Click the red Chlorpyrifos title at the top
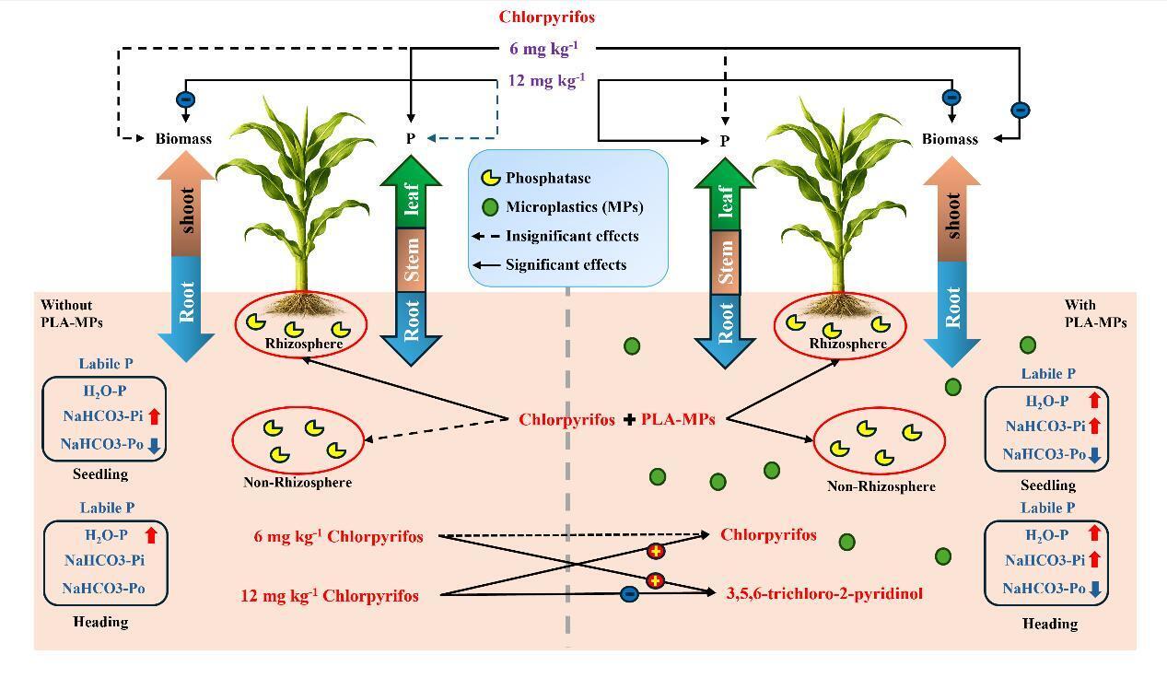[x=547, y=17]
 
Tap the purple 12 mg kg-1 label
[x=546, y=80]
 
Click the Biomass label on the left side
[x=183, y=139]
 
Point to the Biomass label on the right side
[x=950, y=139]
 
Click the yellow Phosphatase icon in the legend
[x=493, y=178]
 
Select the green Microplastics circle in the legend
[x=492, y=207]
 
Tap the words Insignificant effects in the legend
[x=572, y=236]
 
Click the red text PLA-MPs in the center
[x=678, y=419]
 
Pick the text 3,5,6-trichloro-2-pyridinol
[x=824, y=594]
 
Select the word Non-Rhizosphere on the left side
[x=298, y=482]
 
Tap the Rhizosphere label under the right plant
[x=847, y=344]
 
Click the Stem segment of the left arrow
[x=411, y=261]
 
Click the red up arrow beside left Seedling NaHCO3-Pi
[x=154, y=416]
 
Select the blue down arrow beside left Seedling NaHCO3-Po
[x=154, y=445]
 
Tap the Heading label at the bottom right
[x=1050, y=624]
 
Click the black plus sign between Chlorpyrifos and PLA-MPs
[x=629, y=420]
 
